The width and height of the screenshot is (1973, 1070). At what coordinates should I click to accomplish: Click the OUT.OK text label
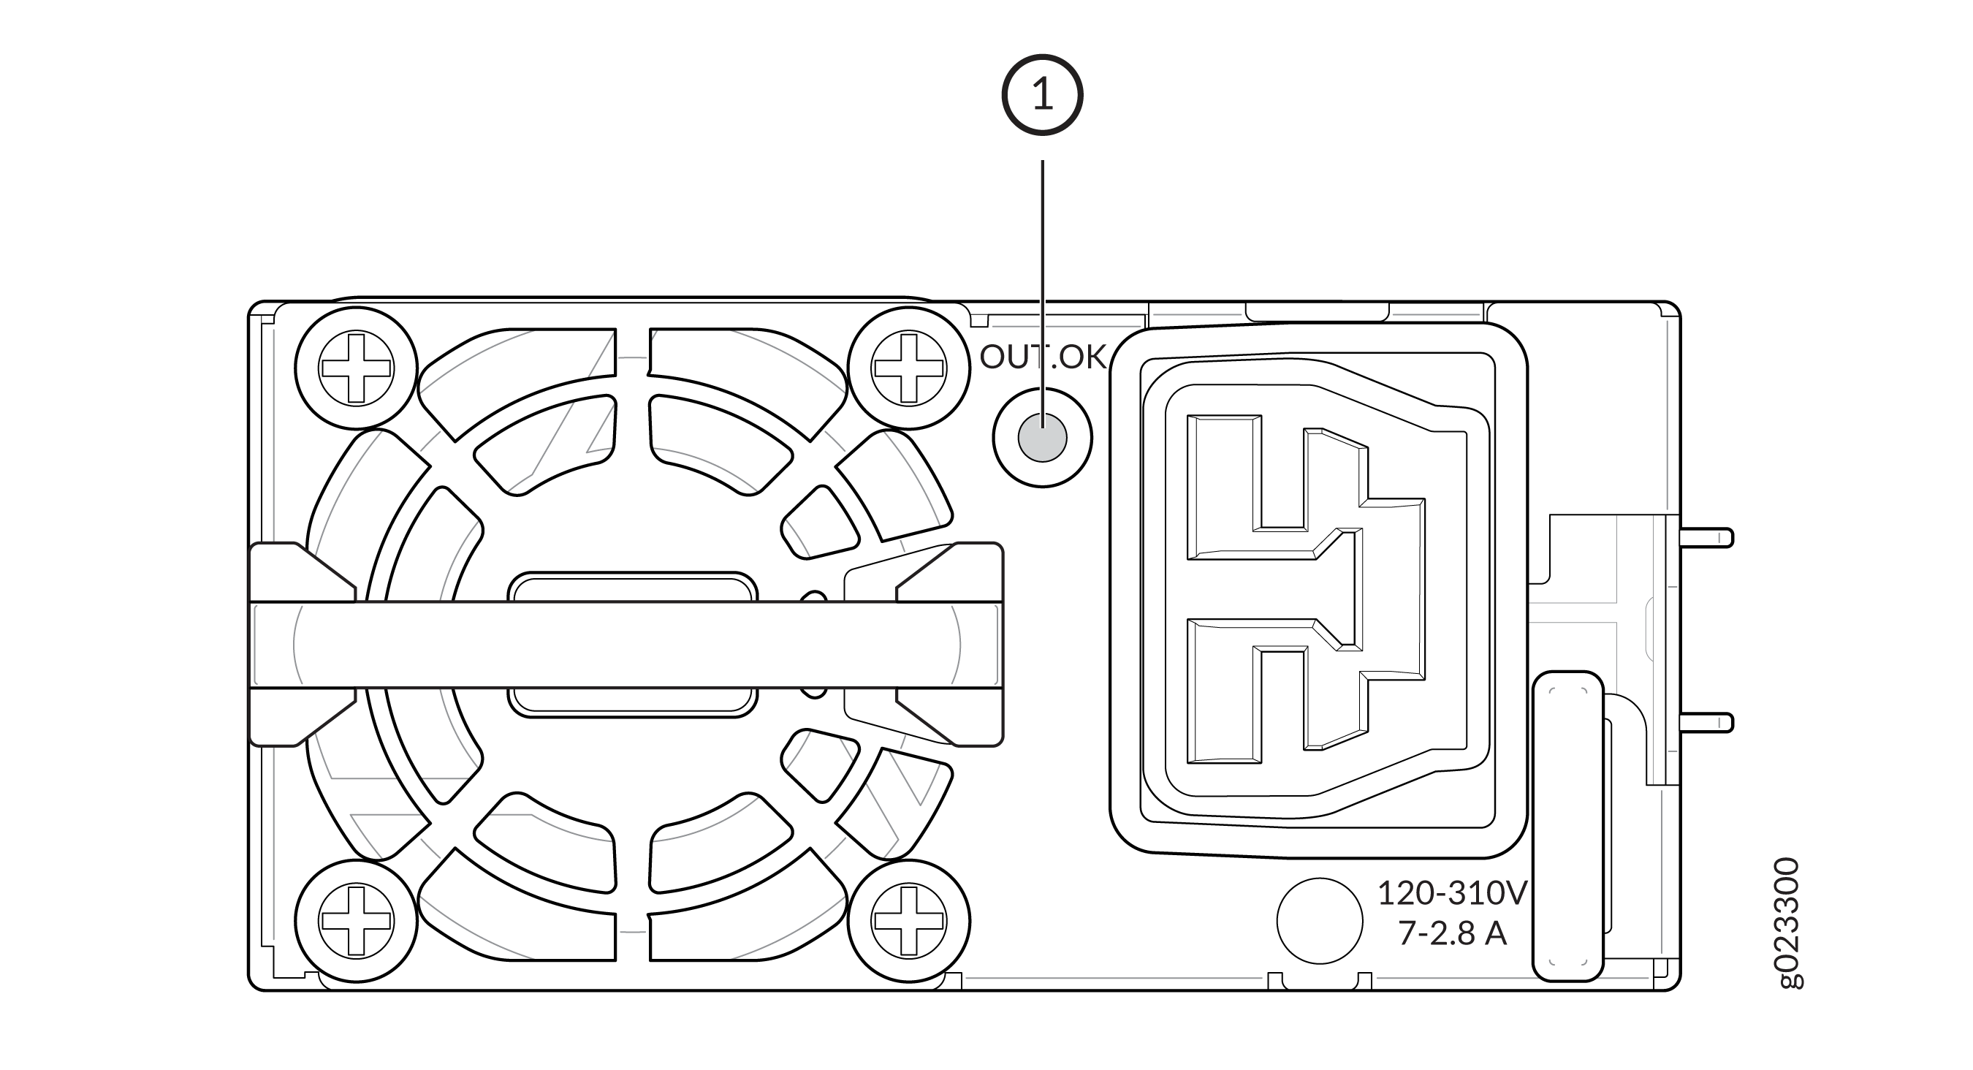(1043, 357)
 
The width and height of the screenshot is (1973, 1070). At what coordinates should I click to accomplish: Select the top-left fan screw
(356, 368)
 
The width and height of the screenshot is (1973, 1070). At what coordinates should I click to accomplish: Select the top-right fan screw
(908, 368)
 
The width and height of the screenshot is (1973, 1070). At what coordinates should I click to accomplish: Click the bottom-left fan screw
(356, 921)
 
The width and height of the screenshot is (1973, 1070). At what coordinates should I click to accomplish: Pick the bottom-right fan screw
(908, 921)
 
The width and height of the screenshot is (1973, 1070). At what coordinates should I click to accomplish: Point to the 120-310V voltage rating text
(1452, 893)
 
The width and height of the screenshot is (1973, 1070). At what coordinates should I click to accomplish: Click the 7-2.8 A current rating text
(1452, 933)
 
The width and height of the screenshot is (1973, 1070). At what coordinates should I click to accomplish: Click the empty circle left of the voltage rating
(1319, 921)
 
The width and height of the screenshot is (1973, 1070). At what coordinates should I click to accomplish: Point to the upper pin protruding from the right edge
(1706, 538)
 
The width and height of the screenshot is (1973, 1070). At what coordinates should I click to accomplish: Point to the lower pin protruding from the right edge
(1706, 722)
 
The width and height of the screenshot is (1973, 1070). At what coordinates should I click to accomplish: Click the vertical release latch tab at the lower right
(1568, 826)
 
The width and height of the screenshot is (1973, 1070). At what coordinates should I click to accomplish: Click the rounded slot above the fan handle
(633, 587)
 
